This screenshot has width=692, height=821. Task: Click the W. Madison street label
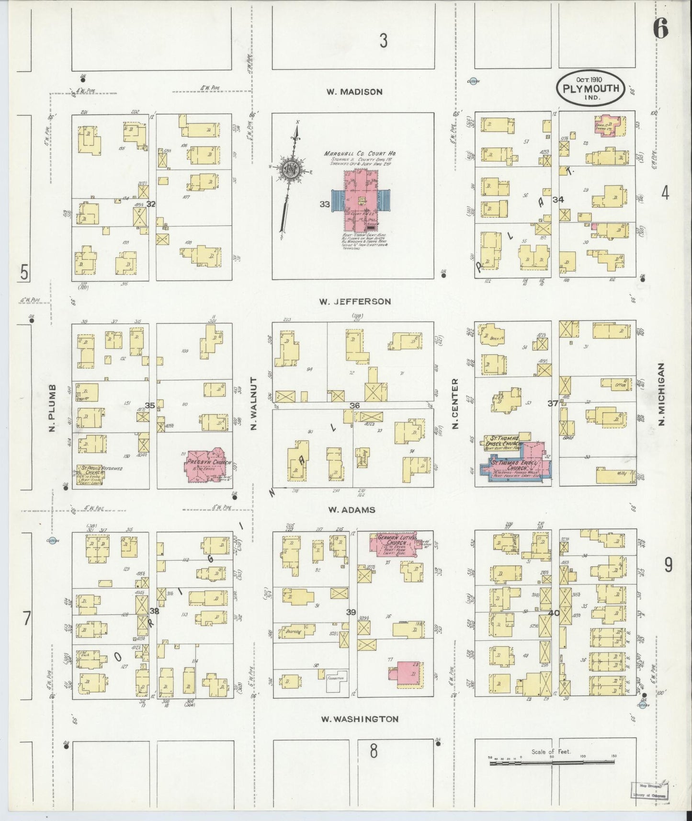tap(354, 92)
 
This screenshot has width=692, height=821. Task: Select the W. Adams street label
tap(351, 510)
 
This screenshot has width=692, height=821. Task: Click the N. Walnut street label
tap(254, 403)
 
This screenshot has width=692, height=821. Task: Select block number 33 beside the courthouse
tap(325, 204)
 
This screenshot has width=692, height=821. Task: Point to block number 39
tap(351, 612)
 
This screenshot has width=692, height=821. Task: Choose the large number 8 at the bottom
tap(374, 751)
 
